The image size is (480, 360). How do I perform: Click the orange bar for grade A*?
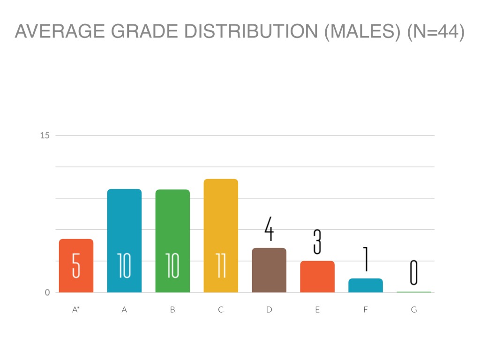[x=76, y=266]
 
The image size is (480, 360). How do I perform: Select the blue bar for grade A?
[x=124, y=240]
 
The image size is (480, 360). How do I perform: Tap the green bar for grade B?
[x=172, y=241]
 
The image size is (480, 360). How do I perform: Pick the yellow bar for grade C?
[x=221, y=236]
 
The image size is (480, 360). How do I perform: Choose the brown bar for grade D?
[x=269, y=270]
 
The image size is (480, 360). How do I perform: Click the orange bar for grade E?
[x=317, y=277]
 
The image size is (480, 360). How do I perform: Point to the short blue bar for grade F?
[x=366, y=285]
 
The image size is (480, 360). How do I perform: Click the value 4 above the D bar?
[x=269, y=229]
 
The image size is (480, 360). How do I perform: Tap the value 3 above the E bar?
[x=317, y=242]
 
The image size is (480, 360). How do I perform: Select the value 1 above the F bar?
[x=366, y=259]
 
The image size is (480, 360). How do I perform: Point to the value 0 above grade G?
[x=413, y=272]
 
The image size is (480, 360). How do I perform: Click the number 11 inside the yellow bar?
[x=221, y=266]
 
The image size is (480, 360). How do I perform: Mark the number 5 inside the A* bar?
[x=76, y=266]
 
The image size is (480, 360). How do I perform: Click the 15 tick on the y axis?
[x=45, y=135]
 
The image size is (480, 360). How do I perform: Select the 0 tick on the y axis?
[x=47, y=292]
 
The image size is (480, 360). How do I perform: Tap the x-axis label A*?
[x=76, y=310]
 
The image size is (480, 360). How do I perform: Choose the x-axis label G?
[x=413, y=310]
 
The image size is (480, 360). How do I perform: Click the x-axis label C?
[x=221, y=310]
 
